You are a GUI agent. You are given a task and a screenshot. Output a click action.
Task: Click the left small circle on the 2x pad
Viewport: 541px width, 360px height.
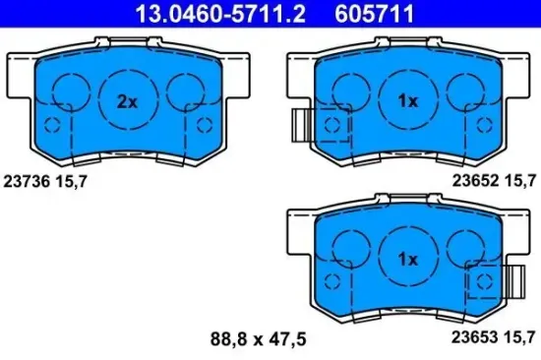click(x=70, y=94)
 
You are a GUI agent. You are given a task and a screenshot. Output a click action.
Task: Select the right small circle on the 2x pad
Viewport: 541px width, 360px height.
click(x=184, y=94)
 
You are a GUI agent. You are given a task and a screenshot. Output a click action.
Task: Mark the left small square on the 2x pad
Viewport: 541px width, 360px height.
click(x=56, y=125)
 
